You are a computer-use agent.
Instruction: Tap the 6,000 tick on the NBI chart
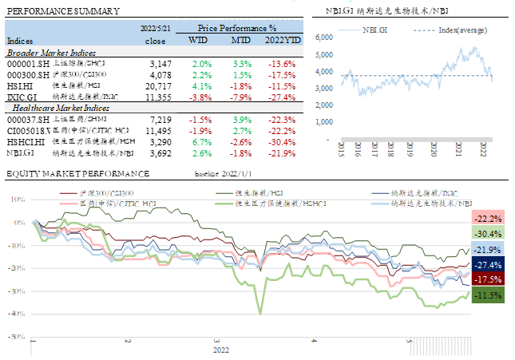(323, 37)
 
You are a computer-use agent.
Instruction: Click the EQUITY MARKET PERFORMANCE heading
(77, 173)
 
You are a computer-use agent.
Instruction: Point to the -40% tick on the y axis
(16, 314)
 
